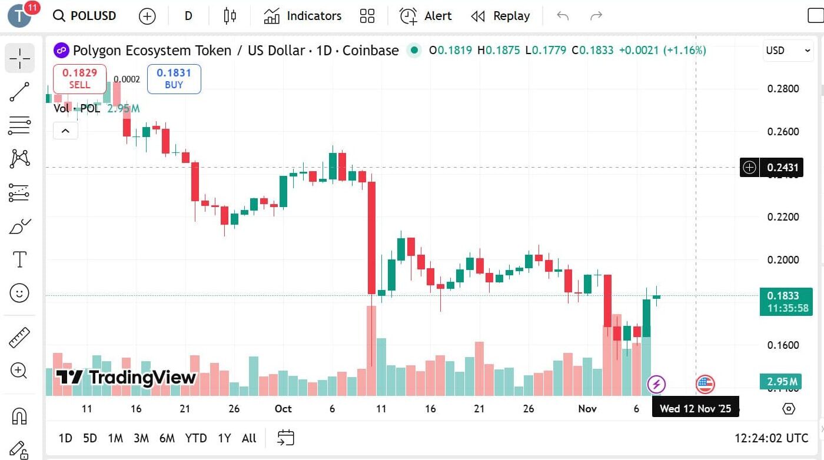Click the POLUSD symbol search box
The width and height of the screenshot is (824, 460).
(x=85, y=16)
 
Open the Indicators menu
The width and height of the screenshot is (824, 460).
(x=303, y=16)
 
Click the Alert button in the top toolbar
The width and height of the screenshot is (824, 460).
(x=426, y=16)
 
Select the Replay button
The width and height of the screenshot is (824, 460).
(x=500, y=16)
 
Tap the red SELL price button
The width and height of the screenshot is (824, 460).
(x=79, y=78)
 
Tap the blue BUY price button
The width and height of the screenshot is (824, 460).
(x=174, y=78)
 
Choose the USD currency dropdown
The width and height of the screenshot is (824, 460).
(x=788, y=51)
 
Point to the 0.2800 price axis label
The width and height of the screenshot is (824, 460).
(x=783, y=89)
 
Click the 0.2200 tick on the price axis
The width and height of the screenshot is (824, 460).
(x=783, y=217)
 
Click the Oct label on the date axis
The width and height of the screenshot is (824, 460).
(x=283, y=409)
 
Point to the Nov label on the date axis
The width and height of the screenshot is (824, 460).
(x=587, y=409)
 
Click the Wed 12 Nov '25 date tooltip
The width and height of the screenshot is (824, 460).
(x=695, y=409)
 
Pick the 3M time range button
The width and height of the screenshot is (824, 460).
(x=141, y=438)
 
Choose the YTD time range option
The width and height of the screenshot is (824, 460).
(x=195, y=438)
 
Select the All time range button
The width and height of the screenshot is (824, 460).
(x=249, y=438)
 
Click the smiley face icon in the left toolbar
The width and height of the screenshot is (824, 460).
(x=19, y=293)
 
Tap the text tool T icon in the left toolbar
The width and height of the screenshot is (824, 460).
(x=19, y=259)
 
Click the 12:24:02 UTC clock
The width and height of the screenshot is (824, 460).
(x=771, y=438)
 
